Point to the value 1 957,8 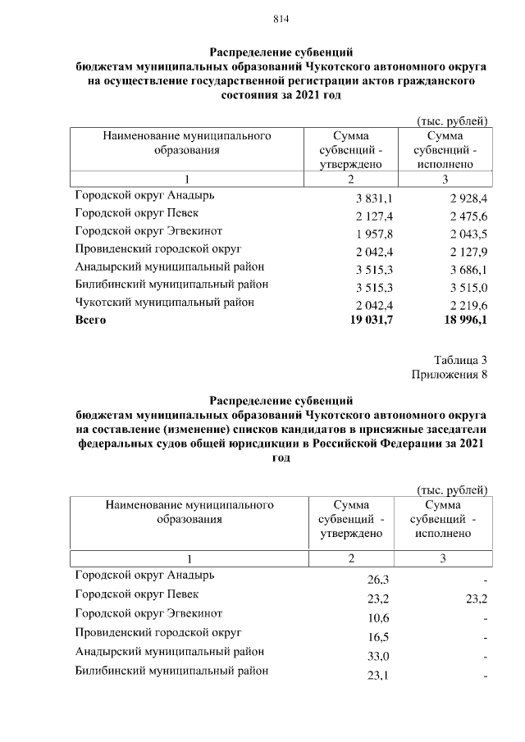[x=375, y=234]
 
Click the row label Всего [x=90, y=320]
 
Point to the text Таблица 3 [x=461, y=360]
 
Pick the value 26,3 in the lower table [x=378, y=580]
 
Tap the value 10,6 [x=378, y=618]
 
